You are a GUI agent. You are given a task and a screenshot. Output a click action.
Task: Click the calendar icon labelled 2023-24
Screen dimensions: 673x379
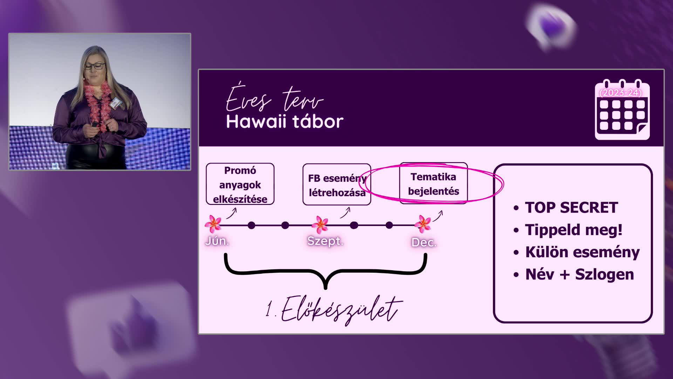pyautogui.click(x=622, y=109)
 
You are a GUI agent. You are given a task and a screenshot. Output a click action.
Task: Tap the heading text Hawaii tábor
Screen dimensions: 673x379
pyautogui.click(x=285, y=122)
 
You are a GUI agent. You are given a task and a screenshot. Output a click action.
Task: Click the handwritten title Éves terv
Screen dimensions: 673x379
pyautogui.click(x=274, y=98)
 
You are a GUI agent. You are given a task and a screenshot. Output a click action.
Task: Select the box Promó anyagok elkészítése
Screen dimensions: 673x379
pyautogui.click(x=240, y=184)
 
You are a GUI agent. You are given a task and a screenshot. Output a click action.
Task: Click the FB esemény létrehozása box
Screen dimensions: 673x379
pyautogui.click(x=337, y=185)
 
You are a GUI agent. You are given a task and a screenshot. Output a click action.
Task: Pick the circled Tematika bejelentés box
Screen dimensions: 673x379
pyautogui.click(x=434, y=183)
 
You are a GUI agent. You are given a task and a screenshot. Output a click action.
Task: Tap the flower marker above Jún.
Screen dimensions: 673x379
pyautogui.click(x=213, y=224)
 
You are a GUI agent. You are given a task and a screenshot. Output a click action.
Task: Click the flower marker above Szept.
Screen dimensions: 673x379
pyautogui.click(x=320, y=225)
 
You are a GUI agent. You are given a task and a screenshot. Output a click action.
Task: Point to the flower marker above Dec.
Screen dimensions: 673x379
pyautogui.click(x=423, y=224)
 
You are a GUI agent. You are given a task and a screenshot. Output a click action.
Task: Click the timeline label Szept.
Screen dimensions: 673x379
pyautogui.click(x=325, y=241)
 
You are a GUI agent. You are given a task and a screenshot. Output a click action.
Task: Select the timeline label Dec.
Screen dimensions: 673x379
pyautogui.click(x=424, y=242)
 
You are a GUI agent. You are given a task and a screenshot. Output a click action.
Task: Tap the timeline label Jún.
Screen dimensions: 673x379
pyautogui.click(x=217, y=241)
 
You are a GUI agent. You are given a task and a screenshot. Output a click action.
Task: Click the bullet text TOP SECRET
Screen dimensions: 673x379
pyautogui.click(x=571, y=207)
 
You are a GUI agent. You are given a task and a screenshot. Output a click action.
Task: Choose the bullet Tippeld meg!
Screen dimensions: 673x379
pyautogui.click(x=574, y=230)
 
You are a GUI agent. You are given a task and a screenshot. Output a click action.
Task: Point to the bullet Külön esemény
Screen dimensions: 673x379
pyautogui.click(x=582, y=252)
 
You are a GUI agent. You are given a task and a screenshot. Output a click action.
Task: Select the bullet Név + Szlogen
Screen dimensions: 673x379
pyautogui.click(x=580, y=274)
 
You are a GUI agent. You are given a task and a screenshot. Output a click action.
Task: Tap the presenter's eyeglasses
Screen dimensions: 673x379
pyautogui.click(x=94, y=66)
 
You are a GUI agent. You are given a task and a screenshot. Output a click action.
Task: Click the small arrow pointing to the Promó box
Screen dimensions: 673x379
pyautogui.click(x=232, y=213)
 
